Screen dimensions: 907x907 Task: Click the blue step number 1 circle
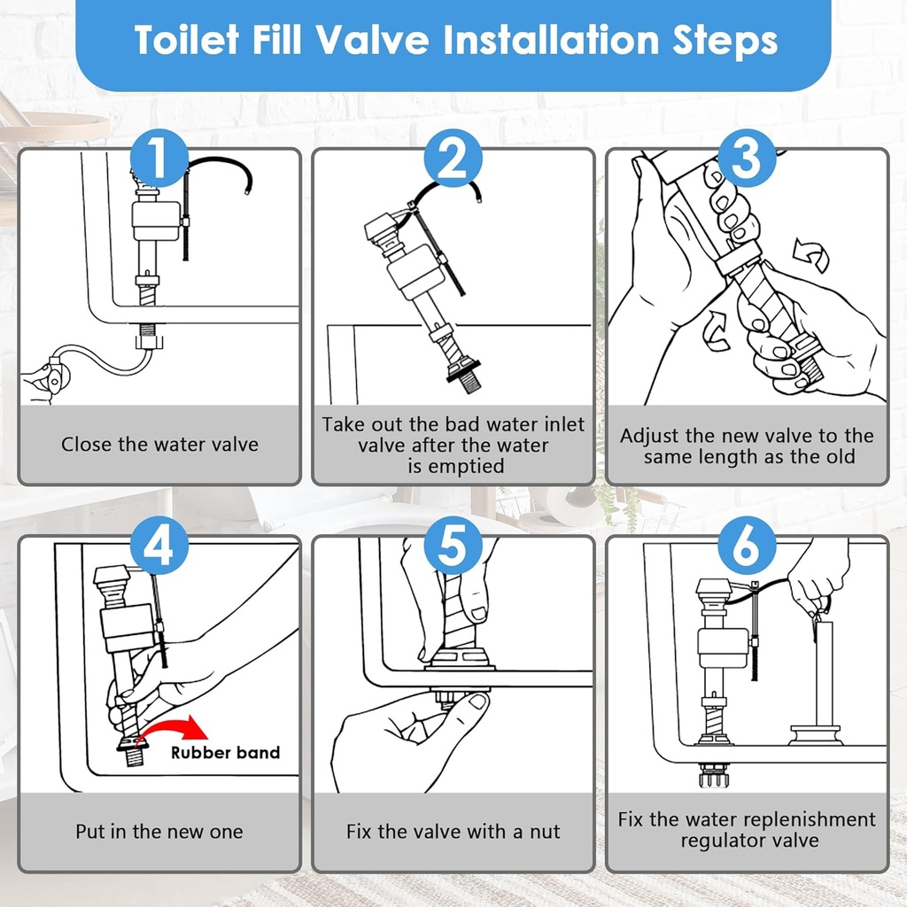click(x=159, y=159)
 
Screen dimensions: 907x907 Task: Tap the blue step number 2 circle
click(x=453, y=159)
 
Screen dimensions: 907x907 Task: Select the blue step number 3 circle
click(x=747, y=159)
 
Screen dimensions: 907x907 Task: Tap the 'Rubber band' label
click(x=225, y=753)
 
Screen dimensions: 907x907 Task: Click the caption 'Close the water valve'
click(x=159, y=444)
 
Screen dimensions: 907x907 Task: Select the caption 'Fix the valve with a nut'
click(x=453, y=832)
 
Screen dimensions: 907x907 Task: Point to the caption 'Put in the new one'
click(x=159, y=832)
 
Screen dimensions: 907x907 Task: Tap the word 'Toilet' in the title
click(x=183, y=41)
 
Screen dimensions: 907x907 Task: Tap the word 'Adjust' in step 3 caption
click(x=650, y=436)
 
